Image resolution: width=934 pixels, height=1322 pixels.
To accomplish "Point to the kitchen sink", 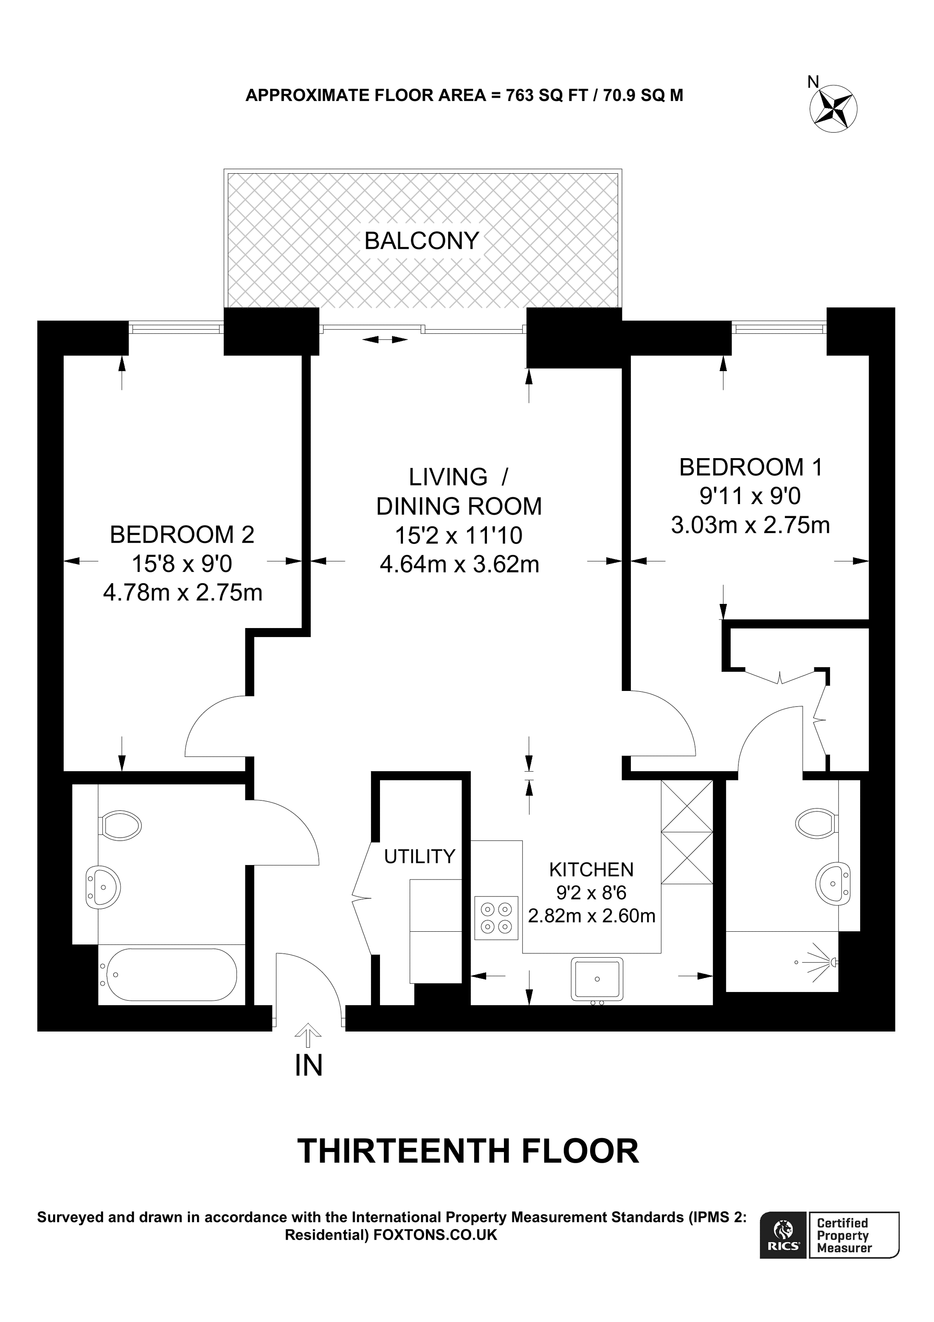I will [x=597, y=978].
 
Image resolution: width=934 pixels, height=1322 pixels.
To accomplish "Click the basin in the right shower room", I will [x=833, y=883].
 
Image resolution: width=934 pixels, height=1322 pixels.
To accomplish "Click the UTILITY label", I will [x=419, y=857].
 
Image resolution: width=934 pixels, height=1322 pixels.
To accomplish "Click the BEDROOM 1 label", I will [x=751, y=468].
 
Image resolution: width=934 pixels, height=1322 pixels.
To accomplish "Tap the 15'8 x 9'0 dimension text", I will [x=182, y=564].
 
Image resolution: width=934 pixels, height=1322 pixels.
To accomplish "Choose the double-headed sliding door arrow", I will [x=385, y=340].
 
